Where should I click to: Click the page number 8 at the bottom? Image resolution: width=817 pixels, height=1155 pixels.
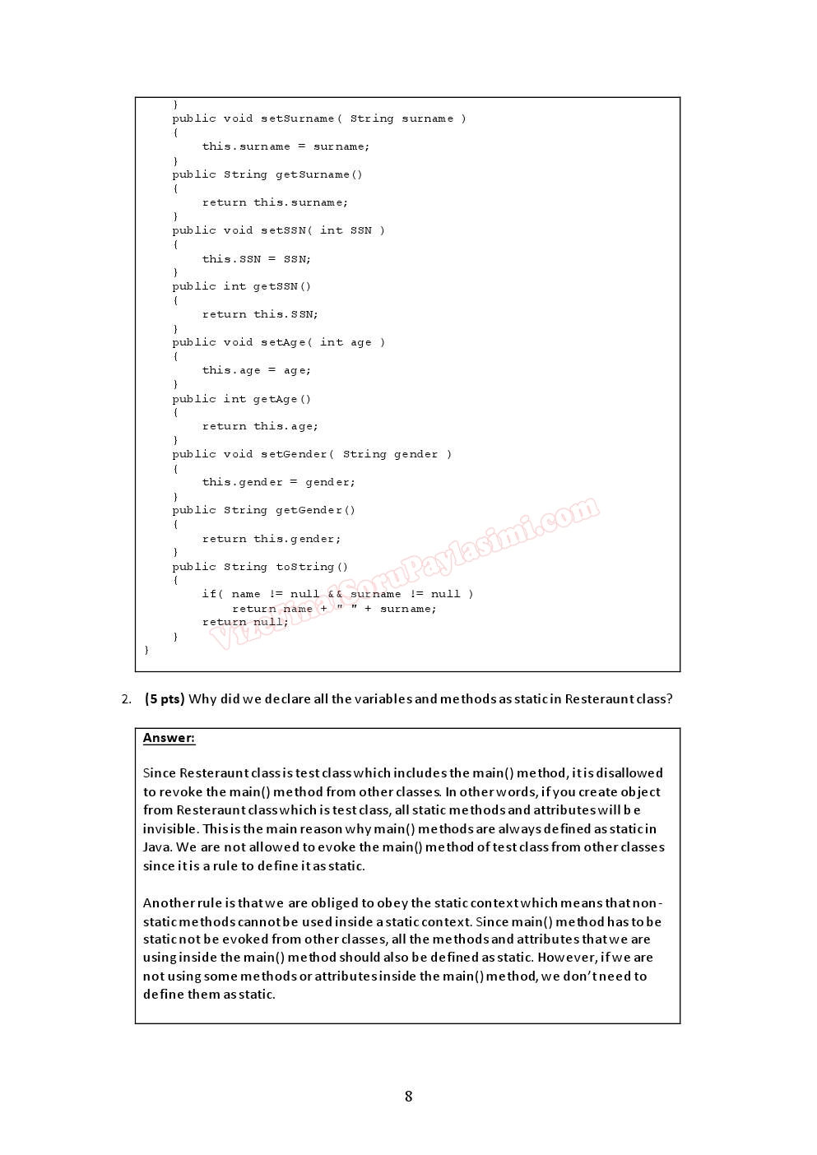point(408,1096)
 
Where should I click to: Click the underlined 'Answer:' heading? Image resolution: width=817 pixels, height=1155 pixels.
point(169,738)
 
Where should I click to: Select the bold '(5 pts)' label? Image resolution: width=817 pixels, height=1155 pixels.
point(165,698)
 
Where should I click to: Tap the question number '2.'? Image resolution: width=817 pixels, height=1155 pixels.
point(126,698)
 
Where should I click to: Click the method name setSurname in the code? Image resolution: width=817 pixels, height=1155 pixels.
point(298,118)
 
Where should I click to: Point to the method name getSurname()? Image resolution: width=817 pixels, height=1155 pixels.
point(318,174)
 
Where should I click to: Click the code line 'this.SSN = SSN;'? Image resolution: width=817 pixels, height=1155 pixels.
point(257,259)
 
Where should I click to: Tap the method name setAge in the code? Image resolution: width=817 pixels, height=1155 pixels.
point(284,342)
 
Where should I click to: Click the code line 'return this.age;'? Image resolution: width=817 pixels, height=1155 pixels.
point(260,426)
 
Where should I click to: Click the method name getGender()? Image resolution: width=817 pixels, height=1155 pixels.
point(315,510)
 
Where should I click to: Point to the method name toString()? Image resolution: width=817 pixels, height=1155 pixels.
point(312,567)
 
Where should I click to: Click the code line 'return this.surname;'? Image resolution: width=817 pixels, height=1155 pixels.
point(275,202)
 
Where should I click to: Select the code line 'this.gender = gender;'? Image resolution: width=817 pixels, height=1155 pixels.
point(279,482)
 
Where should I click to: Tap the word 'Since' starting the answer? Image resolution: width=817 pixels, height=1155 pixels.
point(160,773)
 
